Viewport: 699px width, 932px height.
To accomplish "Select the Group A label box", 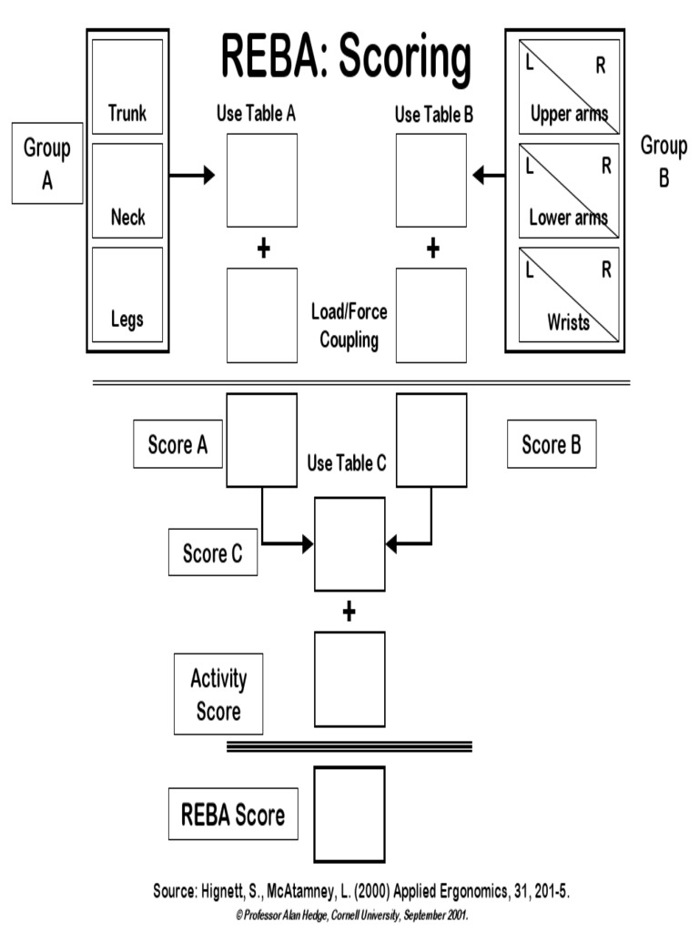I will pos(46,164).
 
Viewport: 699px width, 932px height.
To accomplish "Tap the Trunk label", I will pos(127,114).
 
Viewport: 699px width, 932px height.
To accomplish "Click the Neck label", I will pos(127,218).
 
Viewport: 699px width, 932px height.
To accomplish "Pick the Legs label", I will pos(127,319).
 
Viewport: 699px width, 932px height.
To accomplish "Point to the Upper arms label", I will pos(569,115).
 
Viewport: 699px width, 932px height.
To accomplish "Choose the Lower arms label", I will pos(569,218).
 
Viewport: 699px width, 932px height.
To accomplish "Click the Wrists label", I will pos(569,321).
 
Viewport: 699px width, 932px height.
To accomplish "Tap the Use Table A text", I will pos(256,115).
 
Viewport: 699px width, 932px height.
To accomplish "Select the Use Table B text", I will pos(434,115).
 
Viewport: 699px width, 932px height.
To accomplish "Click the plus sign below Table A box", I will pos(263,248).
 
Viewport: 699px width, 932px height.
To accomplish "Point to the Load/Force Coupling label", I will pos(349,326).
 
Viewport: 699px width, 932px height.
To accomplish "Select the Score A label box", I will pos(177,444).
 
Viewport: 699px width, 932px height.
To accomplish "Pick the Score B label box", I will pos(551,444).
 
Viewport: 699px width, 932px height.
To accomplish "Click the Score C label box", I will pos(213,553).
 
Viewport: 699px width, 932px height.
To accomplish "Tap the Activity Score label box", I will pos(218,694).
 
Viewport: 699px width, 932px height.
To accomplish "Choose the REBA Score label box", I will pos(233,814).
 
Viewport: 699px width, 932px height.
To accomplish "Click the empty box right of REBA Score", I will pos(349,814).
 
